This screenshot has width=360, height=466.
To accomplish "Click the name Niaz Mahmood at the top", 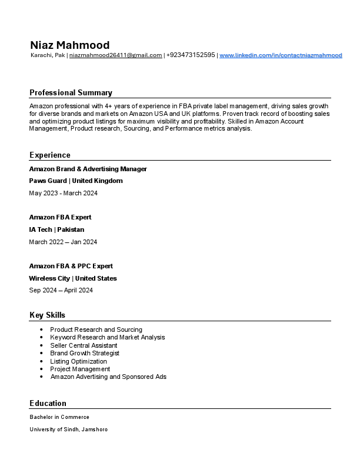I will coord(69,45).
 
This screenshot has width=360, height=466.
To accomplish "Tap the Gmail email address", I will coord(116,55).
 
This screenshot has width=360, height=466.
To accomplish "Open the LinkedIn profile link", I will coord(281,55).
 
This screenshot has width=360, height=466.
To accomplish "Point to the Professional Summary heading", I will coord(71,92).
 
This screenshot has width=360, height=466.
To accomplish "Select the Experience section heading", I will coord(50,155).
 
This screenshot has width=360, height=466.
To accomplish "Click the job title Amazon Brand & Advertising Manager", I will coord(88,169).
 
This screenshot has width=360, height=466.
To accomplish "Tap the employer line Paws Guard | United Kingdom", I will coord(76,181).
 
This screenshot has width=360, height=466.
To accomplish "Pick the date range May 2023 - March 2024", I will coord(64,193).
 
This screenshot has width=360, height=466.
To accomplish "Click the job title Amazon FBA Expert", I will coord(61,217).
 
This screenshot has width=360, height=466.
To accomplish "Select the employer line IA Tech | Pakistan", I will coord(57,229).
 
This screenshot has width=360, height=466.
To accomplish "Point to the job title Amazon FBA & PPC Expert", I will coord(71,266).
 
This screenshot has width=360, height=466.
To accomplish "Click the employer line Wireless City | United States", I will coord(73,278).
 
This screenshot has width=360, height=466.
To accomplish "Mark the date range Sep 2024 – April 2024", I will coord(61,290).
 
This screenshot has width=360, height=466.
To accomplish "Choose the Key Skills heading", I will coord(48,315).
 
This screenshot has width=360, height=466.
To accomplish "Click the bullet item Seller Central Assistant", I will coord(84,345).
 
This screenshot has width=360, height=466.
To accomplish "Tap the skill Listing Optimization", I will coord(79,361).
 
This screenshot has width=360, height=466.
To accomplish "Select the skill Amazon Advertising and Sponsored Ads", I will coord(108,377).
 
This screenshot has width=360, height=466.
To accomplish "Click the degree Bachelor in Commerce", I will coord(59,417).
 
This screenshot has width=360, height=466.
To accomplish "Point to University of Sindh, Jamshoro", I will coord(69,430).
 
